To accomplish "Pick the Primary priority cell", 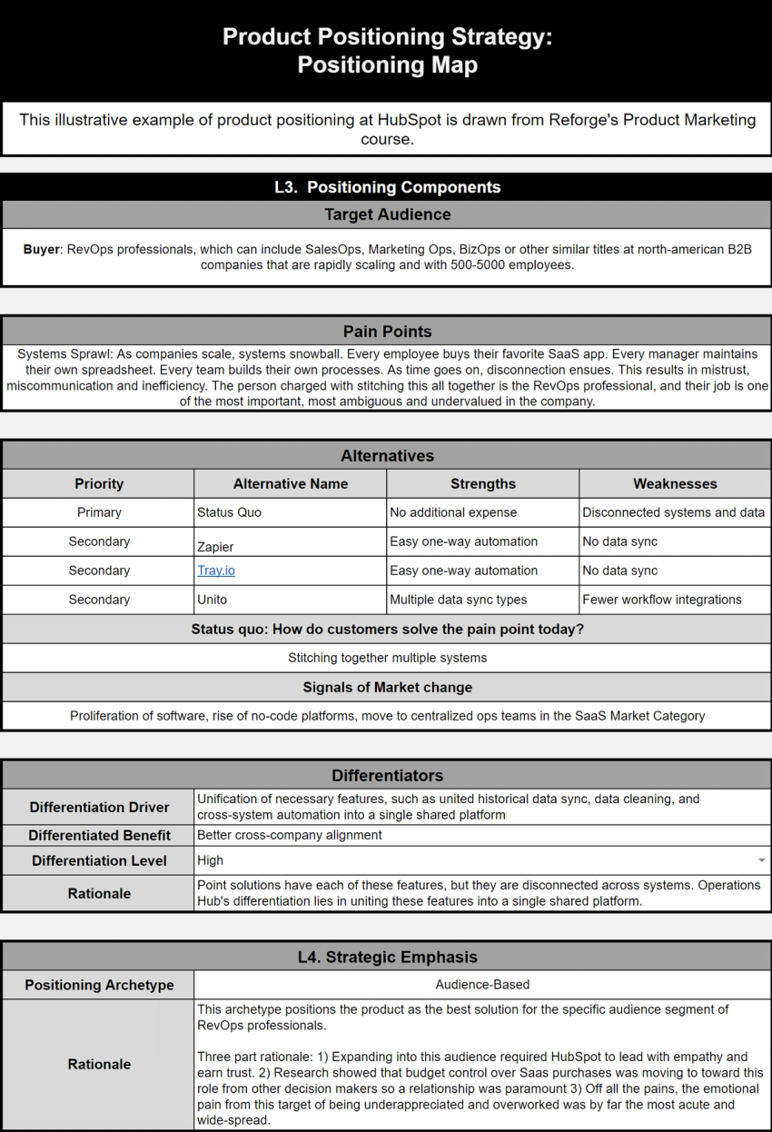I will coord(99,512).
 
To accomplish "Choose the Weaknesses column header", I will coord(675,483).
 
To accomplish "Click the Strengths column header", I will coord(483,483).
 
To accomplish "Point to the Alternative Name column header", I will coord(291,483).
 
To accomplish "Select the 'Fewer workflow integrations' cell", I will coord(662,600).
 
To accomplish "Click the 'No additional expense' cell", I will coord(453,512).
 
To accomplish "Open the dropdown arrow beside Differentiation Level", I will coord(761,859).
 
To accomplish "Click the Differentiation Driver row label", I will coord(99,807).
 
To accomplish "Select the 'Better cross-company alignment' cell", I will coord(290,835).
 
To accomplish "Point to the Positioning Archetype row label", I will coord(99,985).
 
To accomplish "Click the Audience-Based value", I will coord(482,984).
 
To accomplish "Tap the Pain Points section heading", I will coord(387,332).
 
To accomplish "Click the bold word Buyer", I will coord(41,249).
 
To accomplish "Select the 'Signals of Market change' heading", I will coord(387,687).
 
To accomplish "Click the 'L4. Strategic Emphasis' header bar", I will coord(387,956).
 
